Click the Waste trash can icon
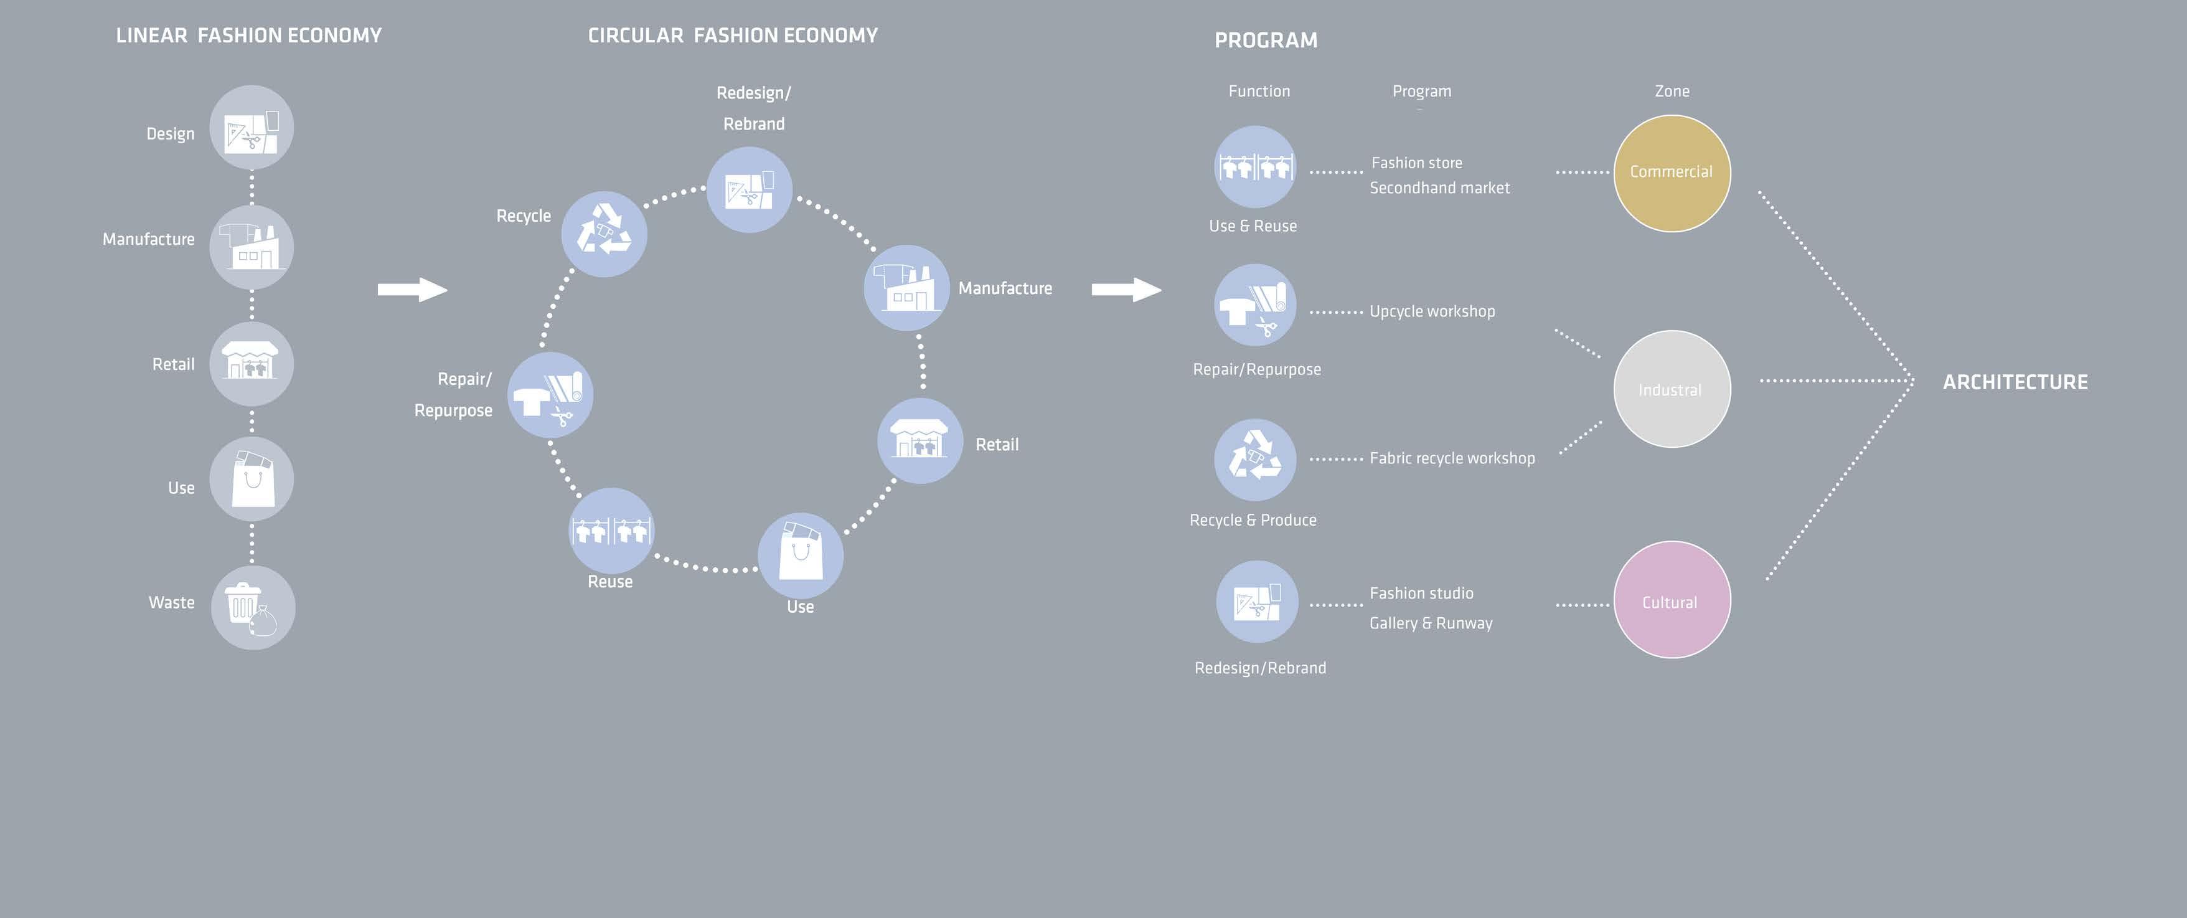[252, 608]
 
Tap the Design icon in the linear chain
[252, 128]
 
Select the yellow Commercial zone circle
[1672, 173]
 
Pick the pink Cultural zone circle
[1672, 600]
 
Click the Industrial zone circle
[1672, 389]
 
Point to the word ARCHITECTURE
[2015, 382]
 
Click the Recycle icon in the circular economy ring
[604, 234]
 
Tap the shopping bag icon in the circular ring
[800, 554]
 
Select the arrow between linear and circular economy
[412, 290]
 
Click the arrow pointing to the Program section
[1126, 290]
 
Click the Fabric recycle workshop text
[1452, 458]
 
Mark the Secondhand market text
[1439, 187]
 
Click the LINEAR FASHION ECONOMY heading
[249, 35]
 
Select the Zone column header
[1672, 91]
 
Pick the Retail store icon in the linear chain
[252, 364]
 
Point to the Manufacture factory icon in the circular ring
[906, 288]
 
